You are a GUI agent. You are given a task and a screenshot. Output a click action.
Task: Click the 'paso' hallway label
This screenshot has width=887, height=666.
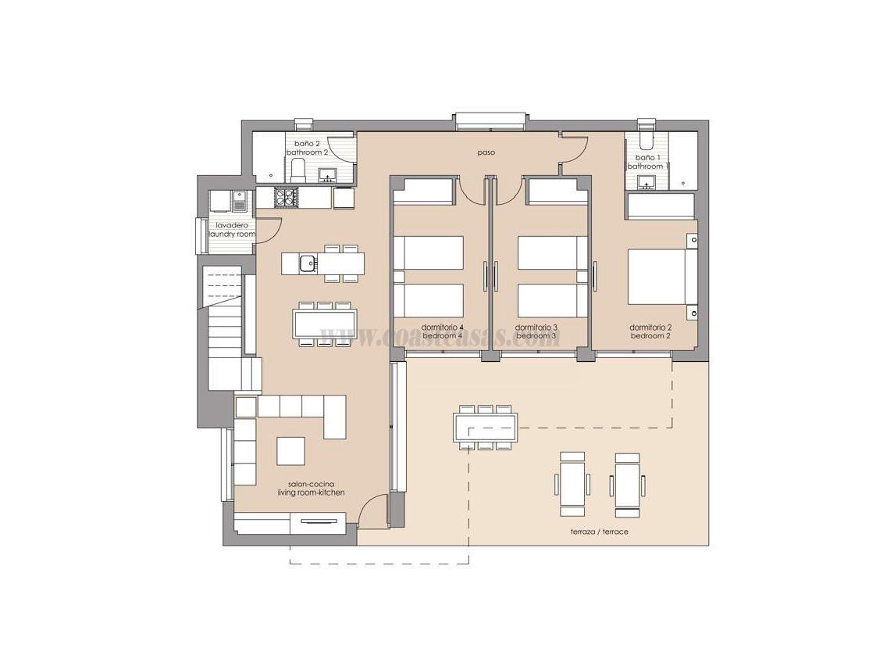pos(487,153)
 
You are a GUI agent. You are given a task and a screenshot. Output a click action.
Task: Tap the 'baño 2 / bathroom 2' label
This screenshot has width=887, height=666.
pos(307,149)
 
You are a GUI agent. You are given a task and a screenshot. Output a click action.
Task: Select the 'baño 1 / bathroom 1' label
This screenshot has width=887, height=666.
pos(646,162)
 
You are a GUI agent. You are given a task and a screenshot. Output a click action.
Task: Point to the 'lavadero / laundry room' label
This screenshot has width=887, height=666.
pos(232,230)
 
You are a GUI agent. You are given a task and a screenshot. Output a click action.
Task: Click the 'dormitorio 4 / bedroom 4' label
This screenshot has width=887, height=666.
pos(443,331)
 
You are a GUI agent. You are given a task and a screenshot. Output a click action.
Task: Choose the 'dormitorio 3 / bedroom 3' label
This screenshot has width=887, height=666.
pos(536,331)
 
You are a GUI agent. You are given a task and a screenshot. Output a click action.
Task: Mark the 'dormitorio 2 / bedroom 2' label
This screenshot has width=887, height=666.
pos(650,331)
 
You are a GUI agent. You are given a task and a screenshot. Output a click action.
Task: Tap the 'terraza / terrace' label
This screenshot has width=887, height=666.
pos(599,532)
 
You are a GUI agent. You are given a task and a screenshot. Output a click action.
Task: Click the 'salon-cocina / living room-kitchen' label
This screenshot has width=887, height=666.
pos(311,489)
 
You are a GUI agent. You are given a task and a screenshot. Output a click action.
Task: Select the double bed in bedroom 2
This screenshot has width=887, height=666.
pos(657,276)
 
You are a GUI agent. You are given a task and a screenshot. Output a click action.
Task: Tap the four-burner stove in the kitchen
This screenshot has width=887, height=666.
pos(287,198)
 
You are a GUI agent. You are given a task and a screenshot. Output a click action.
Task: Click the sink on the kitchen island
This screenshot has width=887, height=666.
pos(307,263)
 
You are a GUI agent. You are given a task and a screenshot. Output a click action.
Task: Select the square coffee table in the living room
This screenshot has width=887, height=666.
pos(291,451)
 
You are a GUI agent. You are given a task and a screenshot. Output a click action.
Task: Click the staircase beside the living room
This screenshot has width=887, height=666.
pos(226,328)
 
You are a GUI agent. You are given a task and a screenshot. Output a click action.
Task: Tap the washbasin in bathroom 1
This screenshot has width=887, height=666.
pos(646,183)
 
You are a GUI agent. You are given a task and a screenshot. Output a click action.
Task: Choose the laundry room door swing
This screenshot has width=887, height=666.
pos(267,229)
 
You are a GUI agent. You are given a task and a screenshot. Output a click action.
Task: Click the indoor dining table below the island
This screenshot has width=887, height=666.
pos(325,323)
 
